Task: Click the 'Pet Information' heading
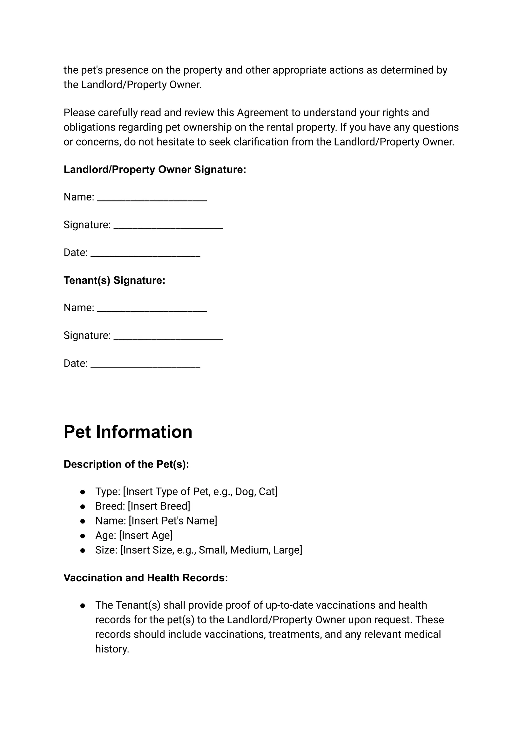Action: (128, 432)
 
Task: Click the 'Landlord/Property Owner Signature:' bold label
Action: (155, 169)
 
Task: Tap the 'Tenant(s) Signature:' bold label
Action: (114, 280)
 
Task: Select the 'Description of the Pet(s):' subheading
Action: (126, 464)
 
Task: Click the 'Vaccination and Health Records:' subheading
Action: (146, 578)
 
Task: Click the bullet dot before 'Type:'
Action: (83, 492)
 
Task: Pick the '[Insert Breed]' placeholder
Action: (159, 506)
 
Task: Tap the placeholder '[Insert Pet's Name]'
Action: (173, 521)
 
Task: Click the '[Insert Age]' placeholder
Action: (146, 535)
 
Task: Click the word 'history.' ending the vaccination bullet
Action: (112, 649)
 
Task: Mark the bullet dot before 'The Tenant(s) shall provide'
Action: (83, 605)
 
